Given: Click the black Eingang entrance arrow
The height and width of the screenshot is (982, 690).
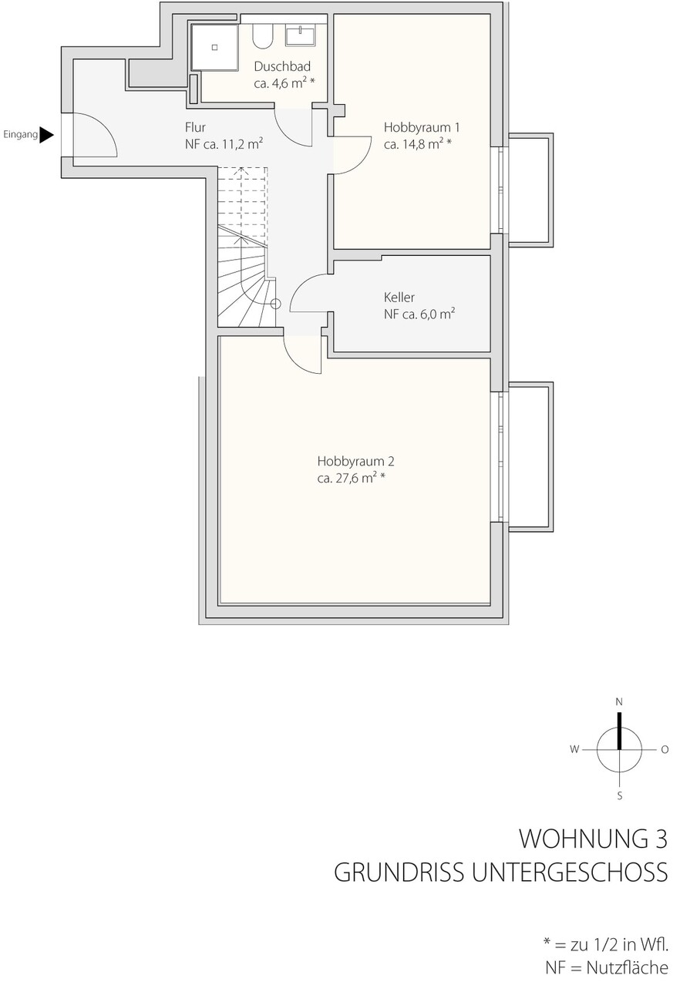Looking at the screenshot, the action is (x=46, y=135).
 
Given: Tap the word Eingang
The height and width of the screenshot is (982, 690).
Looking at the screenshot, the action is (x=21, y=135).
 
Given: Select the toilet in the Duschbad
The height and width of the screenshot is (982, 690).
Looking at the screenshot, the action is (x=263, y=35).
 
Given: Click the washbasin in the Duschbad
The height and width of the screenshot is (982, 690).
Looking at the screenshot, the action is (x=301, y=35).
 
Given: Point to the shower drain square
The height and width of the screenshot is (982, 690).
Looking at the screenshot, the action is (x=215, y=47).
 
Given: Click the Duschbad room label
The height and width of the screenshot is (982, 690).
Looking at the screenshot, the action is (x=282, y=66).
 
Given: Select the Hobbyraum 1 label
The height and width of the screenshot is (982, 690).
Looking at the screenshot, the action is (x=422, y=128).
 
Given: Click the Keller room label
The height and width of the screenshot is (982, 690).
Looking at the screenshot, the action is (x=399, y=298).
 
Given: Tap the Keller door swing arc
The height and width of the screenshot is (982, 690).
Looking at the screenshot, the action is (x=304, y=288).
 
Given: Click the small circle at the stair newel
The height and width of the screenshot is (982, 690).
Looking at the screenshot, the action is (x=276, y=304).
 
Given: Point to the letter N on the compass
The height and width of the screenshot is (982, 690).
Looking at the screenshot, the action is (x=619, y=702).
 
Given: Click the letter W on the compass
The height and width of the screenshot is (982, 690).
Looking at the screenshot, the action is (x=574, y=750).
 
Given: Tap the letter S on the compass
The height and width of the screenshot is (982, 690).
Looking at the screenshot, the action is (x=619, y=795).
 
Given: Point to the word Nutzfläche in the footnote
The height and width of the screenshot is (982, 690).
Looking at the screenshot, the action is (x=628, y=967).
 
